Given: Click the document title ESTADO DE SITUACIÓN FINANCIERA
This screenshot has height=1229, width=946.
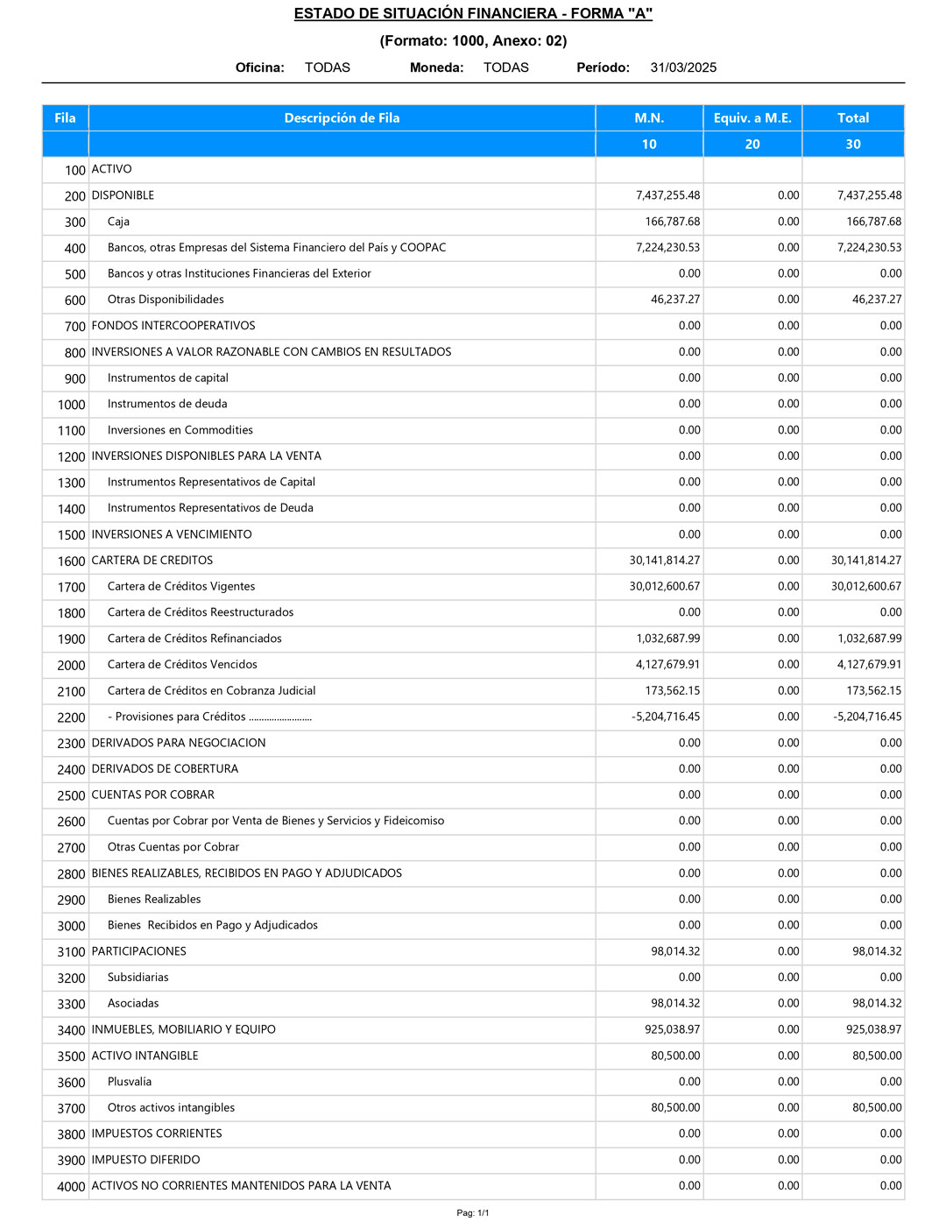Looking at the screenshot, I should tap(473, 14).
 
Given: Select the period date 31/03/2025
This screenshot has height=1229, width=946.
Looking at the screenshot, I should tap(683, 67).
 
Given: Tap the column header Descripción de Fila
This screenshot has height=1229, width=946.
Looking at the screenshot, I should tap(342, 118).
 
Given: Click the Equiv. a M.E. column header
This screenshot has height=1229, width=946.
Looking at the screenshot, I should tap(752, 118).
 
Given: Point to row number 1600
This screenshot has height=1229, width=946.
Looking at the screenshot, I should tap(72, 562).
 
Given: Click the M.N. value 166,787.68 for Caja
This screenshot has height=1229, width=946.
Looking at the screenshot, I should tap(672, 222).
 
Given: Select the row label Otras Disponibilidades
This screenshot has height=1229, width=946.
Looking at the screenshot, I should tap(166, 300).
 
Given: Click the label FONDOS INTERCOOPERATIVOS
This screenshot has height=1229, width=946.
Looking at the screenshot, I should tap(173, 326).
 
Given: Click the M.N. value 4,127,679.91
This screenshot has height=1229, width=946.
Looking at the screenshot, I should tap(667, 665).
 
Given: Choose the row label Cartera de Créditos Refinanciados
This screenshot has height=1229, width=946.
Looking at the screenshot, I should tap(194, 639).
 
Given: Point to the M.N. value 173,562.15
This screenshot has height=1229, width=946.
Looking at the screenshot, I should tap(672, 691).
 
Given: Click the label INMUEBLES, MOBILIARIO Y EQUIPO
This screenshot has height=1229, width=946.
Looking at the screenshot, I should tap(184, 1030).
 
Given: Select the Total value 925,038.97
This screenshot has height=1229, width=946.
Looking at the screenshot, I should tap(873, 1030).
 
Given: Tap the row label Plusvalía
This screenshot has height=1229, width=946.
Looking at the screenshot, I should tap(130, 1082).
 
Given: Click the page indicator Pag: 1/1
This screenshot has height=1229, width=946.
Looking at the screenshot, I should tap(473, 1213).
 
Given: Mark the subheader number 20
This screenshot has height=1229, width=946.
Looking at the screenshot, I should tap(752, 145).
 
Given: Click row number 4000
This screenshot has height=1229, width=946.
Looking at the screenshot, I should tap(72, 1187).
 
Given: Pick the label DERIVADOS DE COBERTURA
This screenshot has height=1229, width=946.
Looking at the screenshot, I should tap(165, 769).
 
